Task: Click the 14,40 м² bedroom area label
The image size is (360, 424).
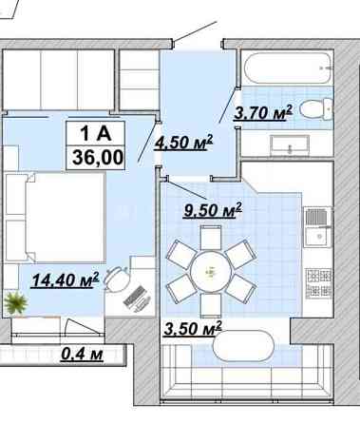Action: click(66, 279)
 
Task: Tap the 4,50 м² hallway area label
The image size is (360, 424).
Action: click(183, 142)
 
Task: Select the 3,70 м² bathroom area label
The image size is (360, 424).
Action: click(263, 112)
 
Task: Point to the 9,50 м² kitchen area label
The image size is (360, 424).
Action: click(213, 210)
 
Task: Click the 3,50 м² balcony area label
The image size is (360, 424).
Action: click(193, 328)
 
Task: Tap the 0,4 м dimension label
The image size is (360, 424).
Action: click(82, 354)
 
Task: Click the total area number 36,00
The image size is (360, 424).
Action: click(98, 158)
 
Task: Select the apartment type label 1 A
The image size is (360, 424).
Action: click(96, 133)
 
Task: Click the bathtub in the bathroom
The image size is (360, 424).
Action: click(288, 67)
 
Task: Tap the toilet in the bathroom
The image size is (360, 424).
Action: click(316, 108)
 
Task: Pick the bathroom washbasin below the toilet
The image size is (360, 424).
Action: click(290, 145)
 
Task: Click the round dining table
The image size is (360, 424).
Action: click(211, 271)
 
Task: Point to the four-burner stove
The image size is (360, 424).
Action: click(318, 283)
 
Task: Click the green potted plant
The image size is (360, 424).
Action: click(15, 303)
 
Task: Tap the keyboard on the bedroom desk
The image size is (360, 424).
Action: click(138, 298)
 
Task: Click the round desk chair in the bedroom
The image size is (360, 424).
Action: click(118, 279)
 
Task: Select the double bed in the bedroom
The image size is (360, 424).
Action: click(55, 217)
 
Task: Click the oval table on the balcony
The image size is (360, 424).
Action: click(244, 346)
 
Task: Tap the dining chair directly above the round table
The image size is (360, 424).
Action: click(211, 238)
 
